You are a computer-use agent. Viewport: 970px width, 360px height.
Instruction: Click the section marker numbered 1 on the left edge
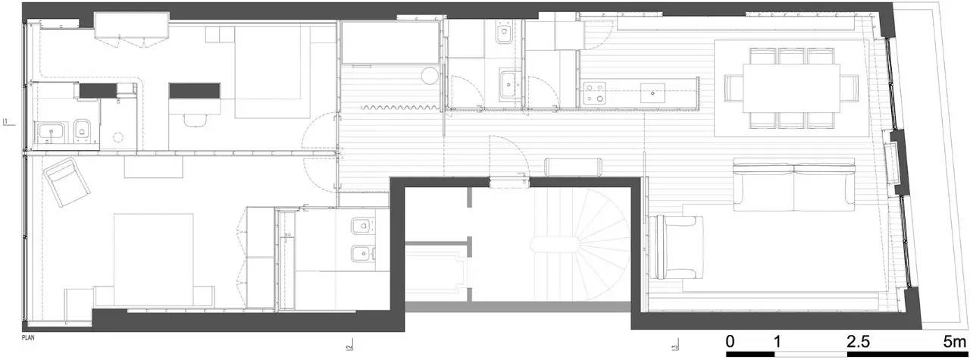point(6,121)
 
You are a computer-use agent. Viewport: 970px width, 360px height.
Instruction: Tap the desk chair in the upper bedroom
point(196,119)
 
